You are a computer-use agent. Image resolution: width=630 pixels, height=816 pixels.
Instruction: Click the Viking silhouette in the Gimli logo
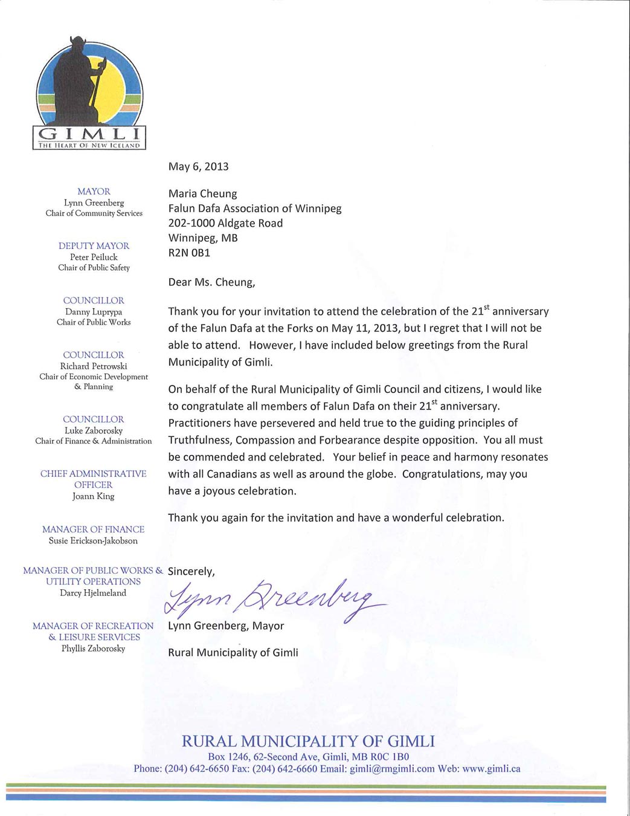click(85, 85)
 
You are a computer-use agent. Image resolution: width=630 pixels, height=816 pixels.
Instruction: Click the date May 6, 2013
click(198, 167)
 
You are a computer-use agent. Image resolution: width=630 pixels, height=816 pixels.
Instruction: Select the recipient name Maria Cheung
click(202, 194)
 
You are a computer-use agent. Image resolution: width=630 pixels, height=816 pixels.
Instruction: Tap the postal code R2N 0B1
click(189, 253)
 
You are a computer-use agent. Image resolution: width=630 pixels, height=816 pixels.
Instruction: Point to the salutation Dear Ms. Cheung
click(211, 282)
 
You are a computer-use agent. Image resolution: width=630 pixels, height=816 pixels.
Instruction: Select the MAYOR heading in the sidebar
click(94, 192)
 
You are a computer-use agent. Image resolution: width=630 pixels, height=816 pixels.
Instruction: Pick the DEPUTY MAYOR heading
click(94, 246)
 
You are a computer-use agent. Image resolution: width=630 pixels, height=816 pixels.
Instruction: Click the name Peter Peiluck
click(94, 257)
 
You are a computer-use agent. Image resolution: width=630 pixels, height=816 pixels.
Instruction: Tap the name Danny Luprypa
click(94, 312)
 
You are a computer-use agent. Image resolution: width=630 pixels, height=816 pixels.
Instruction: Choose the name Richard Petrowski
click(94, 366)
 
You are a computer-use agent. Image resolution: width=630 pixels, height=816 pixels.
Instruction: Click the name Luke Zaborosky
click(94, 430)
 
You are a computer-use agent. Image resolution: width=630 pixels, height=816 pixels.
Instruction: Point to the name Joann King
click(94, 496)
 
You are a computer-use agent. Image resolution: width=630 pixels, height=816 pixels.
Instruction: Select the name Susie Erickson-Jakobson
click(93, 541)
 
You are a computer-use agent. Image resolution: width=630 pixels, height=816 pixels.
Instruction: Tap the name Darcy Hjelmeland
click(93, 593)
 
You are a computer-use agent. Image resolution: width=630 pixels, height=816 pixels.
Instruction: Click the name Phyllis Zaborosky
click(93, 649)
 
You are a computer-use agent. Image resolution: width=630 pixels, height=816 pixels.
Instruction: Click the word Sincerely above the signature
click(191, 571)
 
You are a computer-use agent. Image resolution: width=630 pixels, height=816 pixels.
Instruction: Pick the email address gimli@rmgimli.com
click(392, 769)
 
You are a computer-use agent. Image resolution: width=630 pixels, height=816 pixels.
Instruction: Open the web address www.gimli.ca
click(491, 769)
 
